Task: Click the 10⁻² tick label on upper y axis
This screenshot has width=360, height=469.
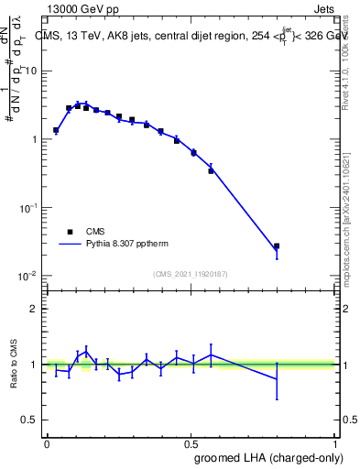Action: click(x=30, y=276)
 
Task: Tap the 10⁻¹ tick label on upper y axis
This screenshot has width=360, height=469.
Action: click(x=30, y=208)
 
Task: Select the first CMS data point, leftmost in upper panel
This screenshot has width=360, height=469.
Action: click(x=56, y=130)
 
